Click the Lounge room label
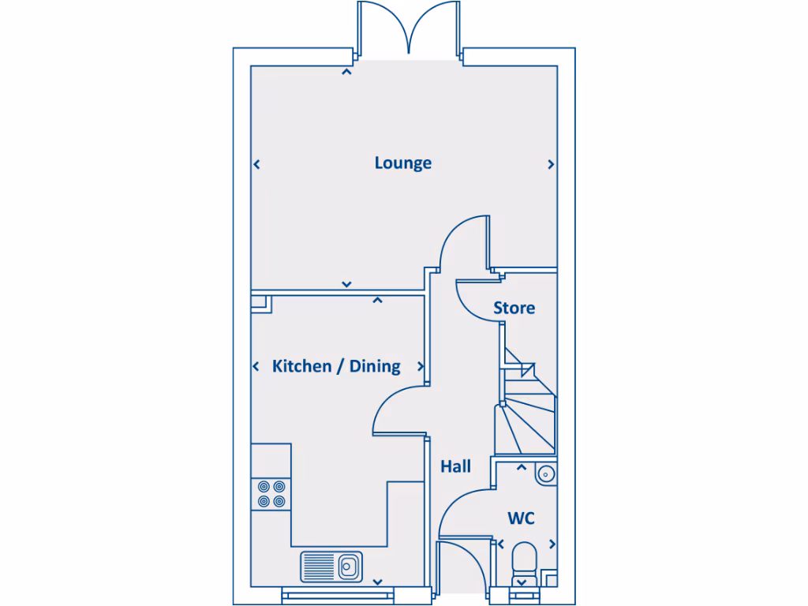click(x=402, y=163)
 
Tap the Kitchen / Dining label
click(x=336, y=366)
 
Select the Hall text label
click(x=455, y=466)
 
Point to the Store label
click(x=514, y=308)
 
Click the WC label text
click(x=521, y=518)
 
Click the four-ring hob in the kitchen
click(x=271, y=493)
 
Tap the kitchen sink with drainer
click(x=331, y=566)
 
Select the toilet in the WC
click(x=522, y=563)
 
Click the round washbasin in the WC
click(x=545, y=473)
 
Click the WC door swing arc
click(x=464, y=513)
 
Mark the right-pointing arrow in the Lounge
click(x=551, y=164)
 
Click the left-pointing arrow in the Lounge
click(x=256, y=164)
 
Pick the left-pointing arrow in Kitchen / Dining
click(x=256, y=366)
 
